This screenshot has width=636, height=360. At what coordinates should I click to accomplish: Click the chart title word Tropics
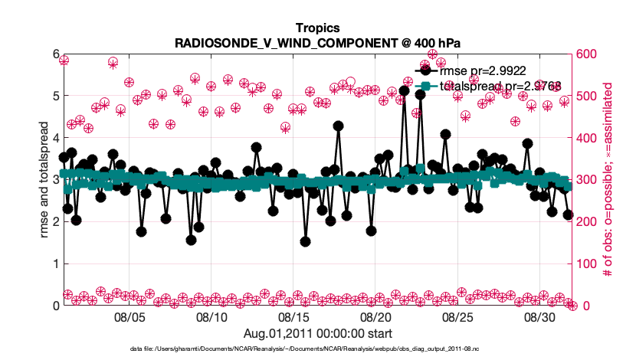[x=317, y=29]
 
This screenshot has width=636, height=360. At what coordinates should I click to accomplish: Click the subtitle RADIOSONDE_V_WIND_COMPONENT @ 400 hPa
[x=317, y=44]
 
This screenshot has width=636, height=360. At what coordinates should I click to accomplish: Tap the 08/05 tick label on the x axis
[x=129, y=316]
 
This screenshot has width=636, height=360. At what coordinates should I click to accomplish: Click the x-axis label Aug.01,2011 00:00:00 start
[x=317, y=333]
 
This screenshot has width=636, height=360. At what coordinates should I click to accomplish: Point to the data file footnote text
[x=317, y=349]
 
